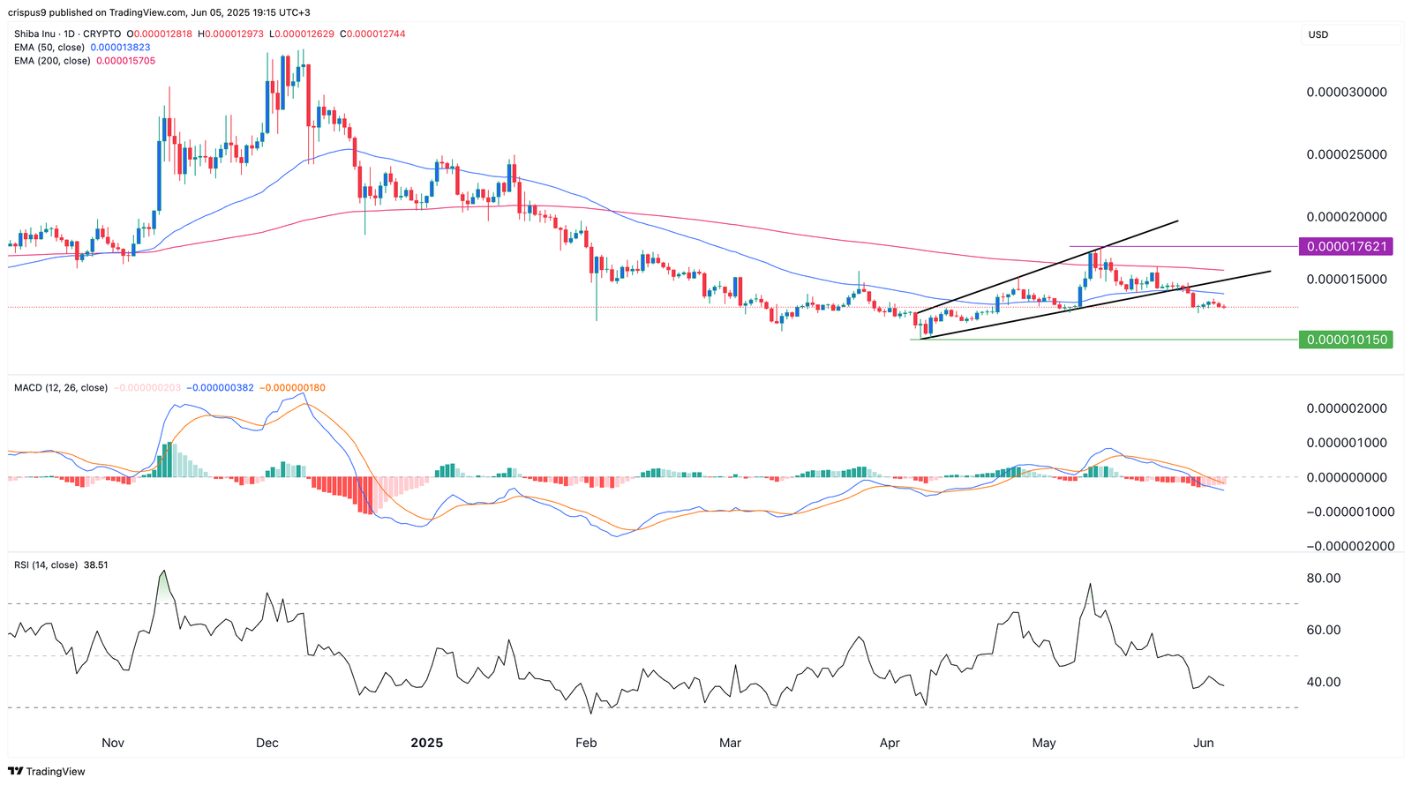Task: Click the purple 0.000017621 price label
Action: (x=1346, y=247)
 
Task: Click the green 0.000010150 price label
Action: (x=1346, y=340)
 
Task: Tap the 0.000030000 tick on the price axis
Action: (x=1347, y=93)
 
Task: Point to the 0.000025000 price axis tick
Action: (x=1347, y=155)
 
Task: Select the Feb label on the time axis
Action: (x=586, y=743)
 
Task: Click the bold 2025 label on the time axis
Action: (x=427, y=743)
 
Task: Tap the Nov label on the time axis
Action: (x=113, y=743)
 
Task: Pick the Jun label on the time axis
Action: (x=1204, y=743)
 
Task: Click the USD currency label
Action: (x=1318, y=35)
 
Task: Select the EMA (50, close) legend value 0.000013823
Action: (x=120, y=48)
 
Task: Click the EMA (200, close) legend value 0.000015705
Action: (x=125, y=61)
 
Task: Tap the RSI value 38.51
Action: (x=95, y=564)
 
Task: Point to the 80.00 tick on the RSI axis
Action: (x=1323, y=579)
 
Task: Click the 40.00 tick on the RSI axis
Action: (x=1323, y=682)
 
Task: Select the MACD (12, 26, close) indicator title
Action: (x=61, y=388)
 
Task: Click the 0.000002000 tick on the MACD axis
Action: (x=1347, y=408)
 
